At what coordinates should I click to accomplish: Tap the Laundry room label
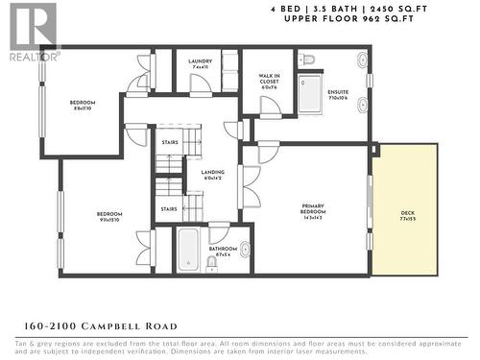[201, 65]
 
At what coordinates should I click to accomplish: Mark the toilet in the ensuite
[307, 60]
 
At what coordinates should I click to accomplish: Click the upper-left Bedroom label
[83, 106]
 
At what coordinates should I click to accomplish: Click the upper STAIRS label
[170, 141]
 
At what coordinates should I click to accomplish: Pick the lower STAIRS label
[168, 208]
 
